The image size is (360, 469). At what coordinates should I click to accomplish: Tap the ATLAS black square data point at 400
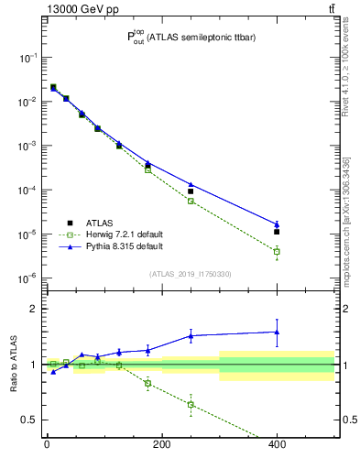[276, 232]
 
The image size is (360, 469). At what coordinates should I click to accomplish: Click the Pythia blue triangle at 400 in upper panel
[276, 224]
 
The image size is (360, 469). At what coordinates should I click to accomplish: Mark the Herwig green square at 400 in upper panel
[276, 251]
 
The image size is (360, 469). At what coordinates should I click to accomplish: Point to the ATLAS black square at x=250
[191, 191]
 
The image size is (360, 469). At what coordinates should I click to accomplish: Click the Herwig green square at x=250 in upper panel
[191, 201]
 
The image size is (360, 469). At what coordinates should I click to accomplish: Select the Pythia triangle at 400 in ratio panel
[276, 332]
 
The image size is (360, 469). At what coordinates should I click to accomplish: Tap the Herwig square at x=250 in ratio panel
[191, 404]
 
